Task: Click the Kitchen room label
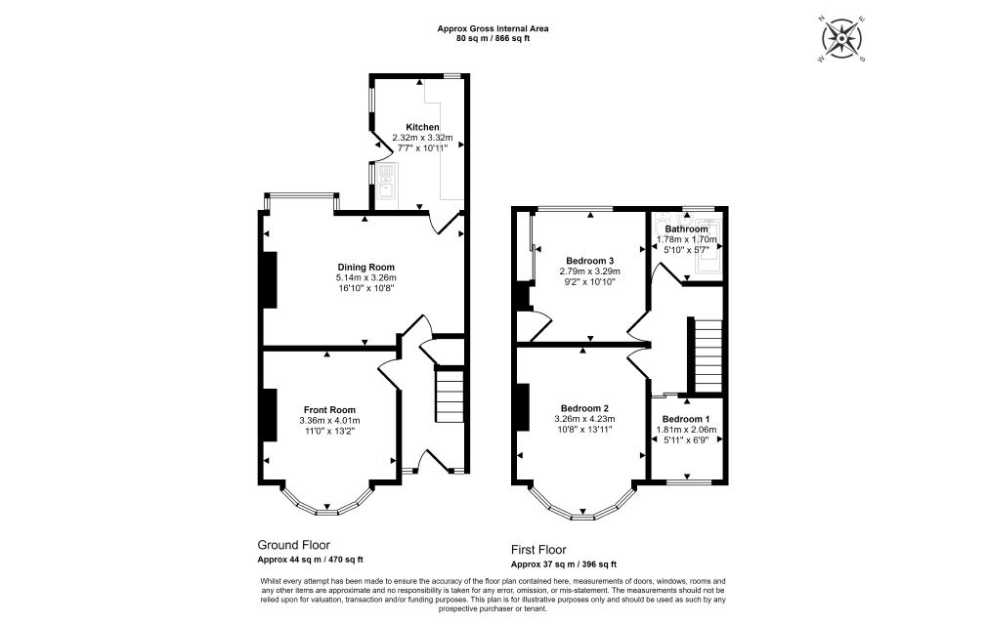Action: tap(422, 127)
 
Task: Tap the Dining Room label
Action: tap(365, 267)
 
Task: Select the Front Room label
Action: tap(330, 410)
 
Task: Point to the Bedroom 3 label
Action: tap(590, 261)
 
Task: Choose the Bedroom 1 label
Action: tap(685, 419)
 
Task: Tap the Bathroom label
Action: tap(686, 229)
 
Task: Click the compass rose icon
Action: tap(842, 39)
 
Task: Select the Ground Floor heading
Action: tap(293, 545)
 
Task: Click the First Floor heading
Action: tap(538, 550)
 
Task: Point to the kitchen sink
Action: tap(385, 181)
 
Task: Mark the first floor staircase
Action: tap(707, 355)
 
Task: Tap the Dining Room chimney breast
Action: tap(270, 280)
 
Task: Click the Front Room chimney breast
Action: tap(270, 415)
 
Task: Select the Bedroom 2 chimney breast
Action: tap(521, 407)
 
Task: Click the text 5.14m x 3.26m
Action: tap(365, 277)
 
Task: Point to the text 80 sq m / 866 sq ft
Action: tap(493, 38)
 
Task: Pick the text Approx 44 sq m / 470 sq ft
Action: tap(311, 560)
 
